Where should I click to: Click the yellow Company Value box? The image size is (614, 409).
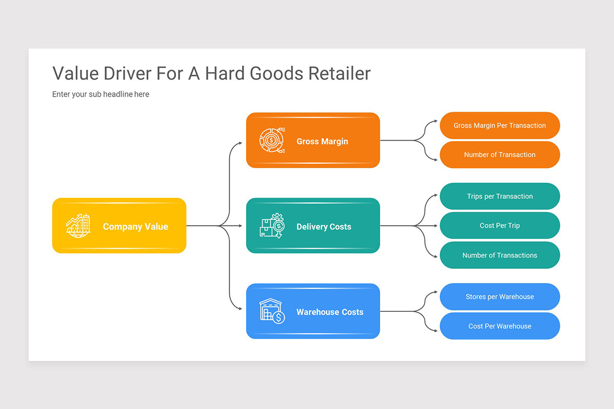point(119,225)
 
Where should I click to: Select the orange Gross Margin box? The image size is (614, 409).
point(313,140)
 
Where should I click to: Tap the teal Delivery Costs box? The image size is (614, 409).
point(313,225)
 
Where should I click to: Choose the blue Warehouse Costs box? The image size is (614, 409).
point(313,311)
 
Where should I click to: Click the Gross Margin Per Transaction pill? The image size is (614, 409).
point(499,125)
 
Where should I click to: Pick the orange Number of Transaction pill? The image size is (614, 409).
point(499,154)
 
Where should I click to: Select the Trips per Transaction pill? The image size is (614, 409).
point(499,196)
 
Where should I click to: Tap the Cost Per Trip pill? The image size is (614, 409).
point(499,225)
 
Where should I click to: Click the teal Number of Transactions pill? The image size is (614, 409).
point(499,255)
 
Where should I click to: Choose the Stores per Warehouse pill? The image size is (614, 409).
point(499,297)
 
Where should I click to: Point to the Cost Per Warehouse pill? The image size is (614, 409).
point(499,326)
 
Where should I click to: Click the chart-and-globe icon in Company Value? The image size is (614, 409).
point(78,225)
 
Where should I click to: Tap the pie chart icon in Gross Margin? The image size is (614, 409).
point(272,140)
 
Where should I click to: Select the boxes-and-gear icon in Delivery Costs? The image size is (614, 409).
point(272,225)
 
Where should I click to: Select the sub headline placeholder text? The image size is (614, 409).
point(101,94)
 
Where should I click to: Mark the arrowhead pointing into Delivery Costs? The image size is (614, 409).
point(241,225)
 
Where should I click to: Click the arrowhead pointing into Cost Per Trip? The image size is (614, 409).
point(435,225)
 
